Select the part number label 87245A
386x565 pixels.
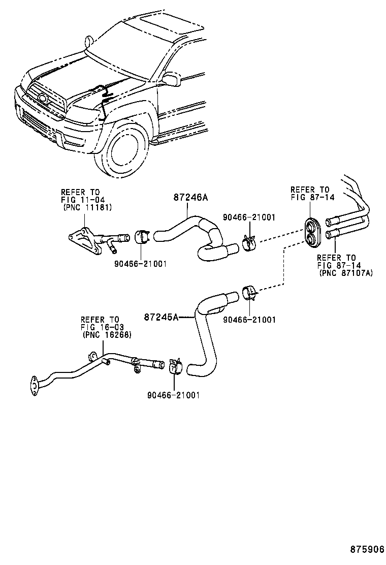pyautogui.click(x=162, y=317)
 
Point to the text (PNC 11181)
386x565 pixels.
pyautogui.click(x=87, y=207)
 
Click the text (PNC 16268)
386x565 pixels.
pyautogui.click(x=107, y=335)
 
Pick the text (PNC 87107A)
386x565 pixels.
pyautogui.click(x=346, y=273)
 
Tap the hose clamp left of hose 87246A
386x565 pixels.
pyautogui.click(x=142, y=237)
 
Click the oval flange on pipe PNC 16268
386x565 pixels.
pyautogui.click(x=34, y=385)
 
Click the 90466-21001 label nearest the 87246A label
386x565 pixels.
pyautogui.click(x=249, y=217)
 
